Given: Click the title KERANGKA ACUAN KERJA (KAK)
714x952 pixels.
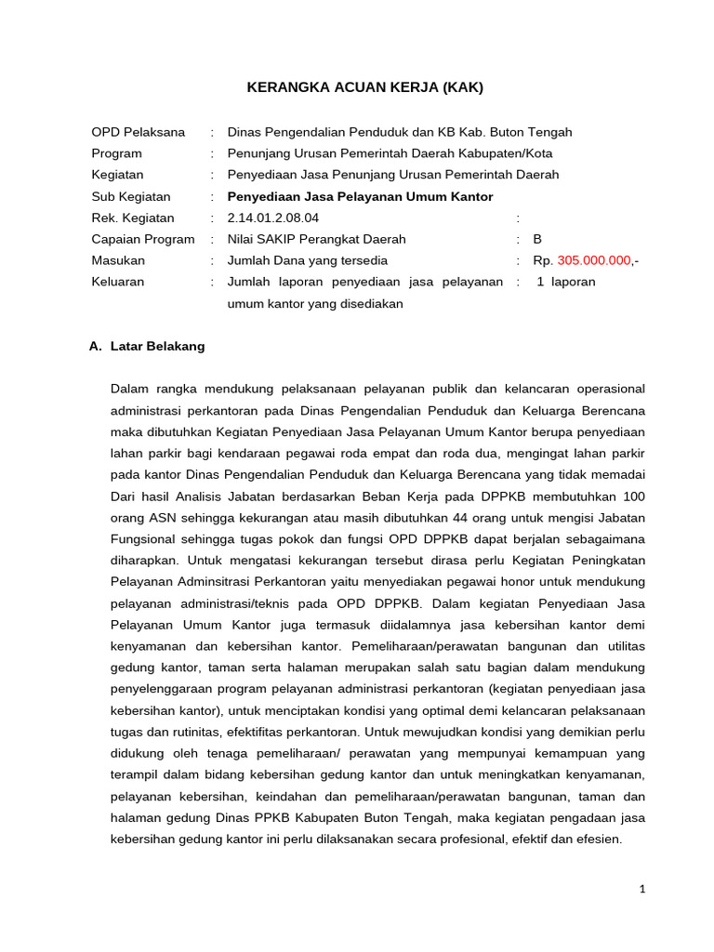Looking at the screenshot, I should click(x=364, y=87).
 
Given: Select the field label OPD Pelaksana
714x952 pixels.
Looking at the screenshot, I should click(x=138, y=132).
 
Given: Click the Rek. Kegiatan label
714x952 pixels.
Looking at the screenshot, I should click(x=132, y=218).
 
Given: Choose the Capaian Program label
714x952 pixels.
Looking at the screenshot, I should click(x=142, y=239).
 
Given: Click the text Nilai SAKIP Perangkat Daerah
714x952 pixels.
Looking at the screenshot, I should click(x=316, y=239).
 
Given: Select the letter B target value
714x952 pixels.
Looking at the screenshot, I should click(x=537, y=239).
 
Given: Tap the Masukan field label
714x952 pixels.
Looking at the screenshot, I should click(x=118, y=260).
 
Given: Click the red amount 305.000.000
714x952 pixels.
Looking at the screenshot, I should click(x=594, y=260).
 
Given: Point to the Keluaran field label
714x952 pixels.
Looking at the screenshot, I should click(x=117, y=282).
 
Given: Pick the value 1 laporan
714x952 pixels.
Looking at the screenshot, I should click(x=566, y=282).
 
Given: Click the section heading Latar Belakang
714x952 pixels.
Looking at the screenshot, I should click(x=157, y=346).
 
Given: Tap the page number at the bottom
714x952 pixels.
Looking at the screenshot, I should click(x=641, y=889).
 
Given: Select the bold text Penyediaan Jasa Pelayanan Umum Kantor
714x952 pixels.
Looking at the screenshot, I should click(x=360, y=196).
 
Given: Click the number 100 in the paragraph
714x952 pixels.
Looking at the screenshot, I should click(x=634, y=496).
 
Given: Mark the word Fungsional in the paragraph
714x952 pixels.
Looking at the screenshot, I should click(x=143, y=538).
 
